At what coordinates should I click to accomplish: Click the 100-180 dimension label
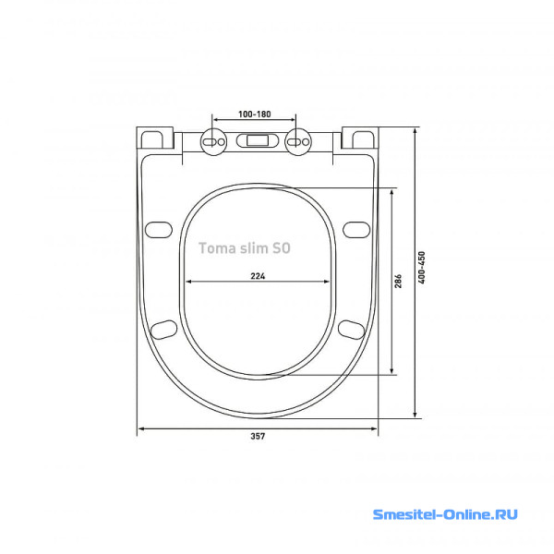[x=255, y=114]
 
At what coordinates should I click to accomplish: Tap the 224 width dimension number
[x=258, y=276]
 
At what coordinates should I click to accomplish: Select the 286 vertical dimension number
[x=398, y=281]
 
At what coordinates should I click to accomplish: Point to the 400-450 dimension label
[x=422, y=268]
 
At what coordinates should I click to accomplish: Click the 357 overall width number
[x=258, y=436]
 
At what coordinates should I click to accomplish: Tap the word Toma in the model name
[x=214, y=248]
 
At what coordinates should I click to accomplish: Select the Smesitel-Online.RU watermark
[x=445, y=514]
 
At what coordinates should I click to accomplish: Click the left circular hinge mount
[x=213, y=141]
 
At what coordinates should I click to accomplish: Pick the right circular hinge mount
[x=298, y=141]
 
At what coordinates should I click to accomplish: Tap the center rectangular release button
[x=258, y=140]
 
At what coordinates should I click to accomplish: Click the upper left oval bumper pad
[x=159, y=230]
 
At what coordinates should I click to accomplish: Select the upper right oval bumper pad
[x=356, y=230]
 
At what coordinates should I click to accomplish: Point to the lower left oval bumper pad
[x=163, y=330]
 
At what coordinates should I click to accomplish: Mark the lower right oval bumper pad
[x=352, y=330]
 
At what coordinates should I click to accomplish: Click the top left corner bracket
[x=155, y=138]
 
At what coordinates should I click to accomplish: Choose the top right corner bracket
[x=360, y=138]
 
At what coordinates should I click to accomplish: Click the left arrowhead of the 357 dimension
[x=140, y=429]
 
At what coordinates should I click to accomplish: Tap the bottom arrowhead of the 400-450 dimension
[x=415, y=415]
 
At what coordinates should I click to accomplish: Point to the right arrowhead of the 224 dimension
[x=327, y=282]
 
